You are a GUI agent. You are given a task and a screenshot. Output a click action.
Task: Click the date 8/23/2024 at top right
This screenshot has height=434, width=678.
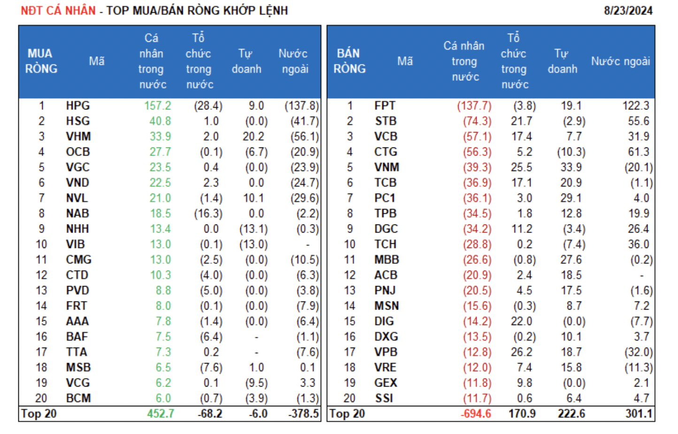(628, 10)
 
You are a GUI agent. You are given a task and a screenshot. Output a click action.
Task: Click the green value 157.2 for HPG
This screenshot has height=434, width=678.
(158, 106)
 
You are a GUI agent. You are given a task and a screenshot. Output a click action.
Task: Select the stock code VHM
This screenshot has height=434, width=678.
(78, 137)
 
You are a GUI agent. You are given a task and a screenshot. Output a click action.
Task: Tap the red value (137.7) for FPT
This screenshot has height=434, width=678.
(474, 106)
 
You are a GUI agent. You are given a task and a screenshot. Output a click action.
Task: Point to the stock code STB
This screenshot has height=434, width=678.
(386, 121)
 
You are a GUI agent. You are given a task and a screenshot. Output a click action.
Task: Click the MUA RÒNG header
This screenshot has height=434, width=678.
(41, 61)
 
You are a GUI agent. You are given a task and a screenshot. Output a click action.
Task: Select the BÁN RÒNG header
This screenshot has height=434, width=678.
(349, 61)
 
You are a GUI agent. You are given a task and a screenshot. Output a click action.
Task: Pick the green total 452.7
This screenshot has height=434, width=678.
(160, 414)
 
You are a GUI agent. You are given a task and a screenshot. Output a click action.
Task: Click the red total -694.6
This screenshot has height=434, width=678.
(476, 414)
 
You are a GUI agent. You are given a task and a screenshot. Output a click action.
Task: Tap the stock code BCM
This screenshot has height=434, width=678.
(78, 398)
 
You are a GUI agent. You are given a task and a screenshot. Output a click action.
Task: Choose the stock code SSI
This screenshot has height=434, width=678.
(384, 398)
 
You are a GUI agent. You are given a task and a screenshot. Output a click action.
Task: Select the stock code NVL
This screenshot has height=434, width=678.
(77, 198)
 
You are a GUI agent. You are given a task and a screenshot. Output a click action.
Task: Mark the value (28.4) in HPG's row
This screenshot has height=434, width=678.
(208, 106)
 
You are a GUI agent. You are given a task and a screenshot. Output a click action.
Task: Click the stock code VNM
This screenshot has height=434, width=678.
(387, 167)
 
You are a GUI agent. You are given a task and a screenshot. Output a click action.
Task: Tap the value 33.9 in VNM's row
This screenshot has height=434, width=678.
(571, 167)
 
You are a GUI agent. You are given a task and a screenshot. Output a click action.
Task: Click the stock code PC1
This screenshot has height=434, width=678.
(385, 198)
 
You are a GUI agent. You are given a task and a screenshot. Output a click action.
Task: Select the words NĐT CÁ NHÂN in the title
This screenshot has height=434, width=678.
(58, 10)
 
